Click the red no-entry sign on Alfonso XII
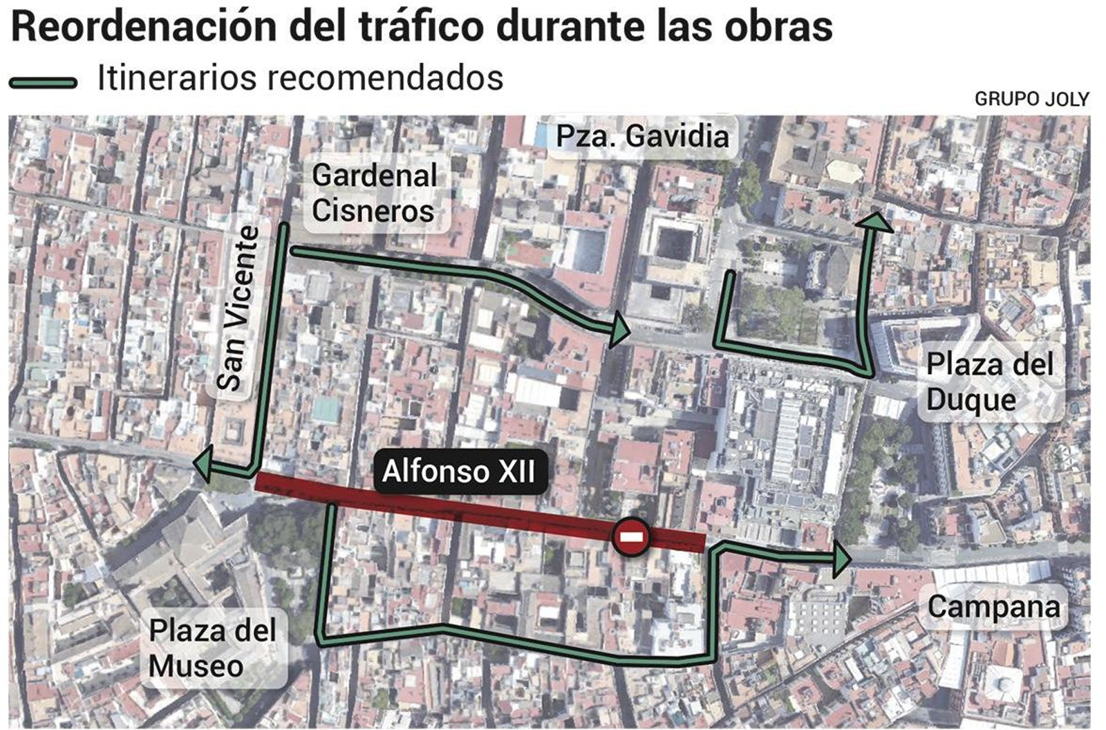630,536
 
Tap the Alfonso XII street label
458,471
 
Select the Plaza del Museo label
212,648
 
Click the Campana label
993,607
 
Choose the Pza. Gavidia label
642,136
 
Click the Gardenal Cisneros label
374,193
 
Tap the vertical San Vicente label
236,308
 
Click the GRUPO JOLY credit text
1031,100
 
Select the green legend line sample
43,83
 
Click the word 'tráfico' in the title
423,27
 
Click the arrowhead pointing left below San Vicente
203,465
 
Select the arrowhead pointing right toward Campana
841,559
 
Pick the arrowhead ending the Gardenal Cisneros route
619,330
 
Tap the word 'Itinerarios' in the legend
177,78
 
